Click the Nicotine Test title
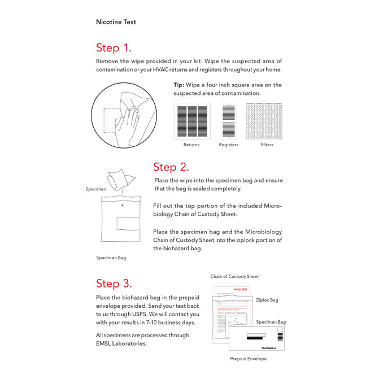[x=116, y=22]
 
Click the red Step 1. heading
[x=114, y=47]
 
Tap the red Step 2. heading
[x=171, y=167]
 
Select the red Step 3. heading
[x=114, y=284]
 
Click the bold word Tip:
[x=179, y=85]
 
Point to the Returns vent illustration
[x=191, y=121]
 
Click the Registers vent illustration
[x=228, y=121]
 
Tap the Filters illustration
[x=264, y=121]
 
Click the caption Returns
[x=191, y=145]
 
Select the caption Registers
[x=228, y=145]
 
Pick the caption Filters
[x=267, y=145]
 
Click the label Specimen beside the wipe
[x=95, y=189]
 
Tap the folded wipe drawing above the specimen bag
[x=121, y=178]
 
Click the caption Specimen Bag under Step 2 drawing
[x=111, y=258]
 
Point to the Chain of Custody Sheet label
[x=234, y=276]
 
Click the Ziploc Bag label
[x=267, y=300]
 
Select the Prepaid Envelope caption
[x=248, y=359]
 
